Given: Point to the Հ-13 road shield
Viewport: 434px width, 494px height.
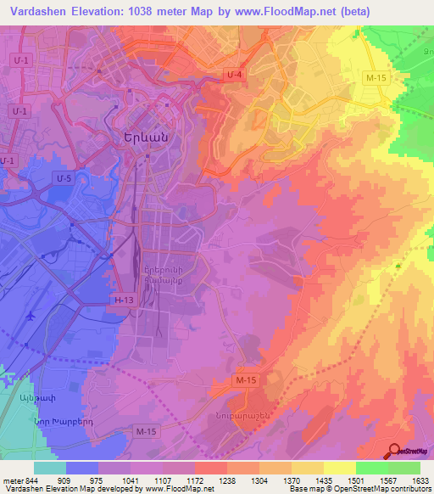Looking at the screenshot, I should (124, 300).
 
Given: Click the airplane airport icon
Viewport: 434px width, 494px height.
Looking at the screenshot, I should (31, 315).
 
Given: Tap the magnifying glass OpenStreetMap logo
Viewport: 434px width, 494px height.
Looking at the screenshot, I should (395, 451).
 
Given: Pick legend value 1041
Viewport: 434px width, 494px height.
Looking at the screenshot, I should (130, 480).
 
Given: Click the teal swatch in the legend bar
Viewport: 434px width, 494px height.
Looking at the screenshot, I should (49, 468).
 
